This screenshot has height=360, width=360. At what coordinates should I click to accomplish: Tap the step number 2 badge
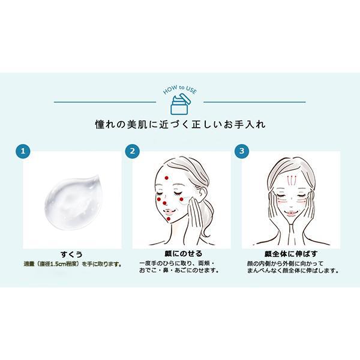tap(133, 150)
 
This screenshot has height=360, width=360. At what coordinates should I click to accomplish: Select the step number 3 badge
tap(241, 150)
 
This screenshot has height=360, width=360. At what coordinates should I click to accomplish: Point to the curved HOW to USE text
tap(180, 90)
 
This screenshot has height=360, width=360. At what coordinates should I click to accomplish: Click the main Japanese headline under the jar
tap(180, 125)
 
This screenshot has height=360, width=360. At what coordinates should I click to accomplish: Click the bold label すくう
tap(72, 254)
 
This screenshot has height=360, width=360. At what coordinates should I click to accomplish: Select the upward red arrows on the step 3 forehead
tap(290, 179)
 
